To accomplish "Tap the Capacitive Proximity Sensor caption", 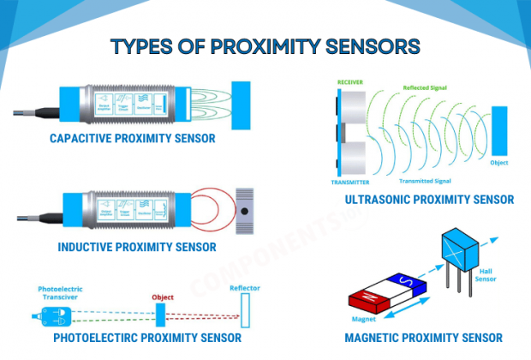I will pyautogui.click(x=132, y=138).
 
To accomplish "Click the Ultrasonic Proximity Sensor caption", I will pyautogui.click(x=429, y=200).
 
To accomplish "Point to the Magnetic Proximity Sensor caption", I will pyautogui.click(x=423, y=338).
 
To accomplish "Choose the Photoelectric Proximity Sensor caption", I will pyautogui.click(x=146, y=338).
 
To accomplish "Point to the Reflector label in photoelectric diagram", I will pyautogui.click(x=244, y=288).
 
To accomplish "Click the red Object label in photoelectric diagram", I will pyautogui.click(x=163, y=297).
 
